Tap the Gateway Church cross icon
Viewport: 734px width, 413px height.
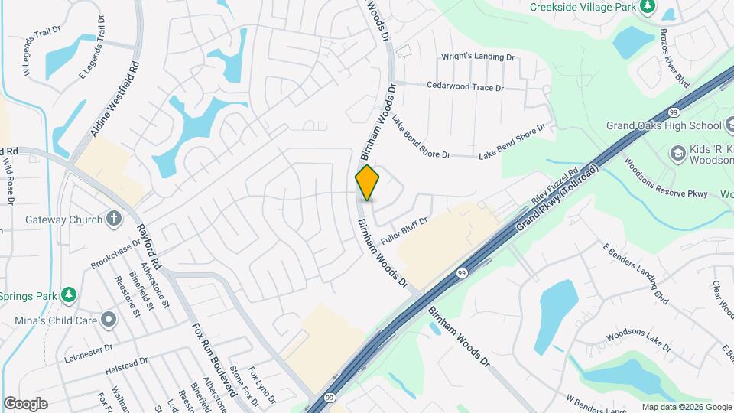[114, 220]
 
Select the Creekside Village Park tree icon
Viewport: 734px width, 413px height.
[648, 6]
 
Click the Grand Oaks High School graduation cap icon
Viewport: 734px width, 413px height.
[729, 125]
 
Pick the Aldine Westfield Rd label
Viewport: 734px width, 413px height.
[115, 99]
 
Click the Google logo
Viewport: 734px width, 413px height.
[25, 404]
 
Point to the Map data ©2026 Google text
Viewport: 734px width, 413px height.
[686, 407]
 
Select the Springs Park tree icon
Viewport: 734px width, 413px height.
[69, 294]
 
